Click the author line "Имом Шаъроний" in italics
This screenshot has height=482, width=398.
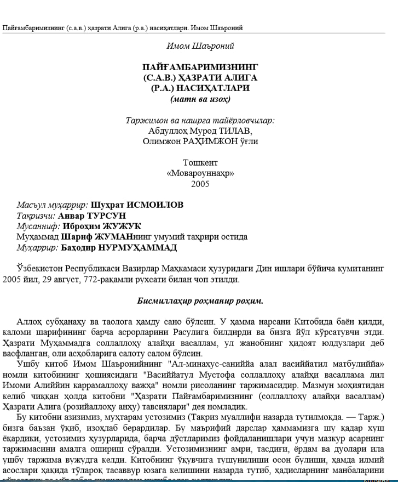(x=200, y=46)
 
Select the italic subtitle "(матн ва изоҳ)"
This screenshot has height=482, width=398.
(x=200, y=99)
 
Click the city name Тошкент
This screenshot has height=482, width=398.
(x=200, y=163)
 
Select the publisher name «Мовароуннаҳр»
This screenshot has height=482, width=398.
(x=200, y=173)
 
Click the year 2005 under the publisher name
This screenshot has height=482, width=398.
(x=200, y=184)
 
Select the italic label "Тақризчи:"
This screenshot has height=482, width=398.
(x=36, y=216)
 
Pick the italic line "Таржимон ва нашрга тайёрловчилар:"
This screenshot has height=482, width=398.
(x=200, y=121)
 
